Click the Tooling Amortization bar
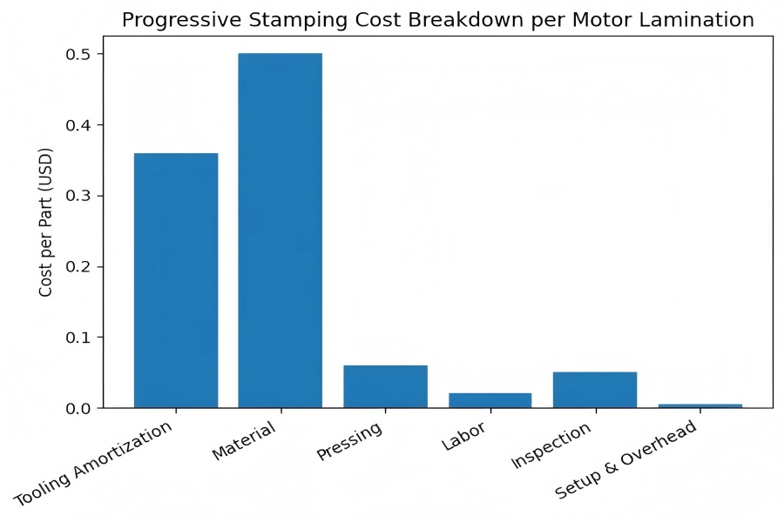pos(176,280)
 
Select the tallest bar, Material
pos(280,231)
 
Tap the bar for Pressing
pos(385,386)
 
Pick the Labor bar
pos(490,400)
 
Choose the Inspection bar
pos(595,390)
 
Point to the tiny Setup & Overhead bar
pos(700,405)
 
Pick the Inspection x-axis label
pos(551,445)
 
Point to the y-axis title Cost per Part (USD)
pos(46,222)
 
